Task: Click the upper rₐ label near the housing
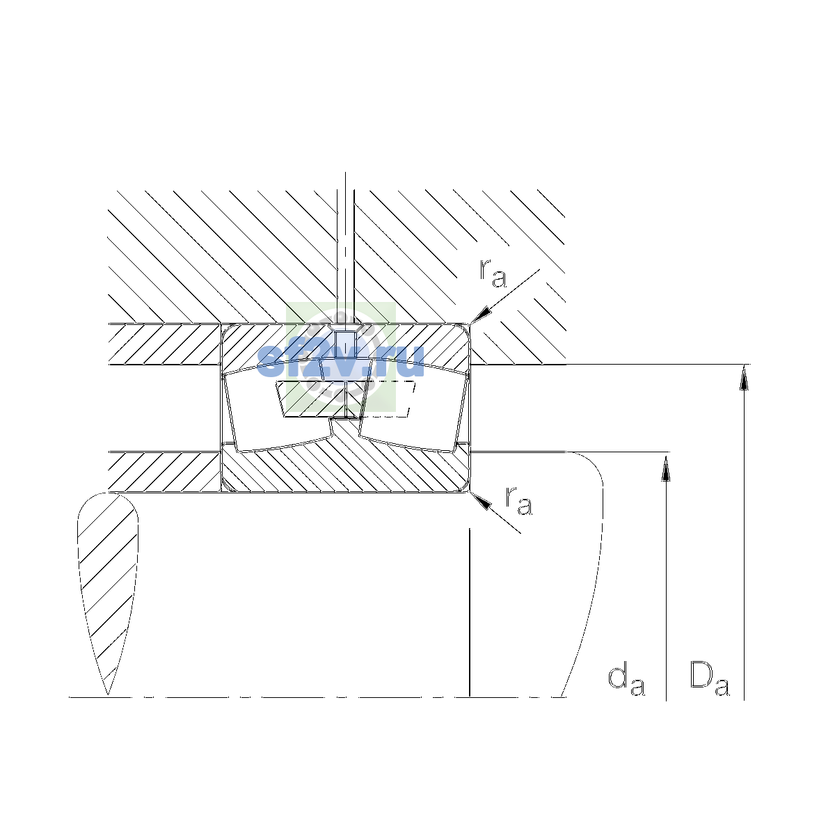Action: [x=492, y=273]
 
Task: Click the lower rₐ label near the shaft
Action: [x=518, y=500]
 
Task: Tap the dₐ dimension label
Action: [x=626, y=681]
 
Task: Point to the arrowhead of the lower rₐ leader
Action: [x=480, y=500]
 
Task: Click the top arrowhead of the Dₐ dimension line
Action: [x=744, y=376]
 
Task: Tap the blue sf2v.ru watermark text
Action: [x=340, y=362]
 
